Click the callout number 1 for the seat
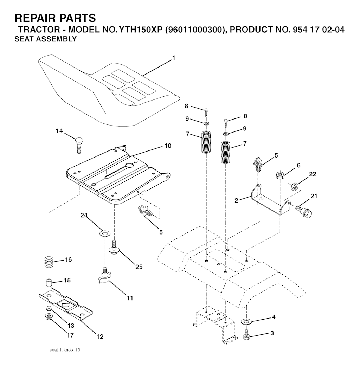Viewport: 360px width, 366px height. (x=173, y=58)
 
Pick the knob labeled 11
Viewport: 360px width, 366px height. (x=104, y=275)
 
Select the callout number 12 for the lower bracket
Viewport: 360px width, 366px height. (x=100, y=336)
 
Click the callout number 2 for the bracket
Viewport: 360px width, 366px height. (x=237, y=200)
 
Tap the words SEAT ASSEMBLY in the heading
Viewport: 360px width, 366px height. (x=45, y=39)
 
